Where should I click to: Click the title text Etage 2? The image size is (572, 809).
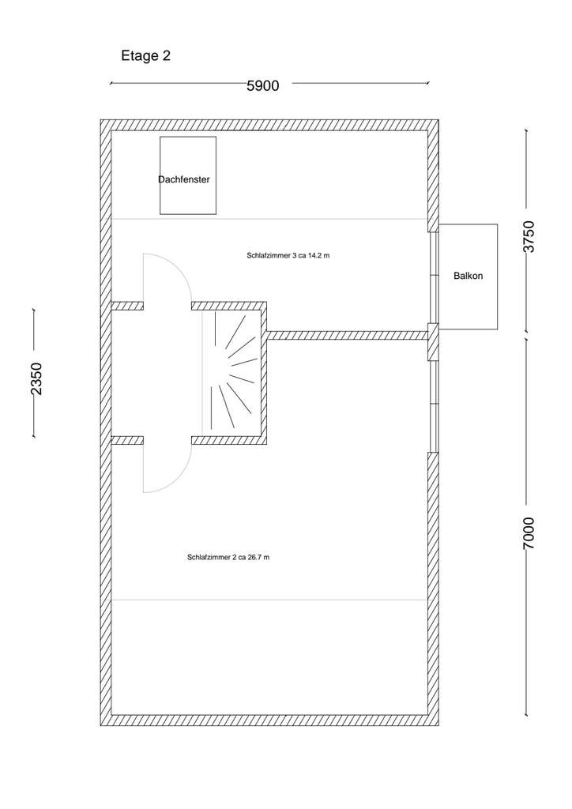pos(145,56)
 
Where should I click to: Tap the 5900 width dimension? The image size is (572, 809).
pos(263,85)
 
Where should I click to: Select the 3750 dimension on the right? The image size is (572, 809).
pos(529,236)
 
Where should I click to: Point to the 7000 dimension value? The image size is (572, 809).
pos(529,533)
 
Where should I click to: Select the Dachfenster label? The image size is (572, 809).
pos(184,180)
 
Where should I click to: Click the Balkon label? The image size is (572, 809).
pos(468,277)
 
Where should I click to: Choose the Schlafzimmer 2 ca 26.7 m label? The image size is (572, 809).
pos(229,557)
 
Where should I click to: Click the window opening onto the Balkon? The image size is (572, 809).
pos(433,277)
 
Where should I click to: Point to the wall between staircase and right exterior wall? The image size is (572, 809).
pos(348,335)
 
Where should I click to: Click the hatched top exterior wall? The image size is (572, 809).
pos(269,125)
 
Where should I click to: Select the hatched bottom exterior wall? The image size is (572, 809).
pos(269,720)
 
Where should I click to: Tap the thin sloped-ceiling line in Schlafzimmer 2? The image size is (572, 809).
pos(269,600)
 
